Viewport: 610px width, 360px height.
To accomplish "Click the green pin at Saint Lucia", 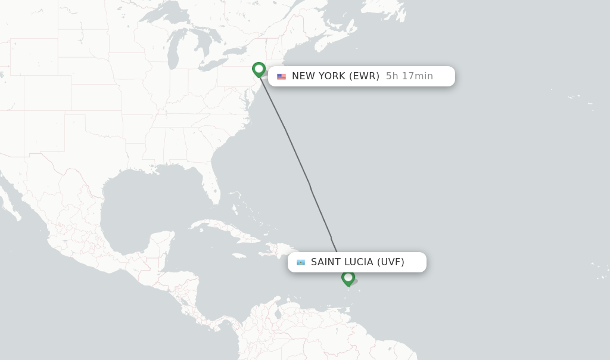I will (x=348, y=278).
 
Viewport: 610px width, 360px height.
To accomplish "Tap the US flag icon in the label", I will (x=281, y=76).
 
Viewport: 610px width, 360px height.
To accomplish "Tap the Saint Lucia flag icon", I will (x=301, y=262).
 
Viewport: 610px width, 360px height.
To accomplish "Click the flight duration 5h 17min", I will (x=409, y=76).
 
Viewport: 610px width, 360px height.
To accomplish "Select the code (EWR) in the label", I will (x=364, y=76).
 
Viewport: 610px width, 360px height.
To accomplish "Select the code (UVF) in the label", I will (x=390, y=262).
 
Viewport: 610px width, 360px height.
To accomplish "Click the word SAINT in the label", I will (x=326, y=262).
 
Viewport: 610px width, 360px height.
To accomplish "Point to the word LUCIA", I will (x=359, y=262).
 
